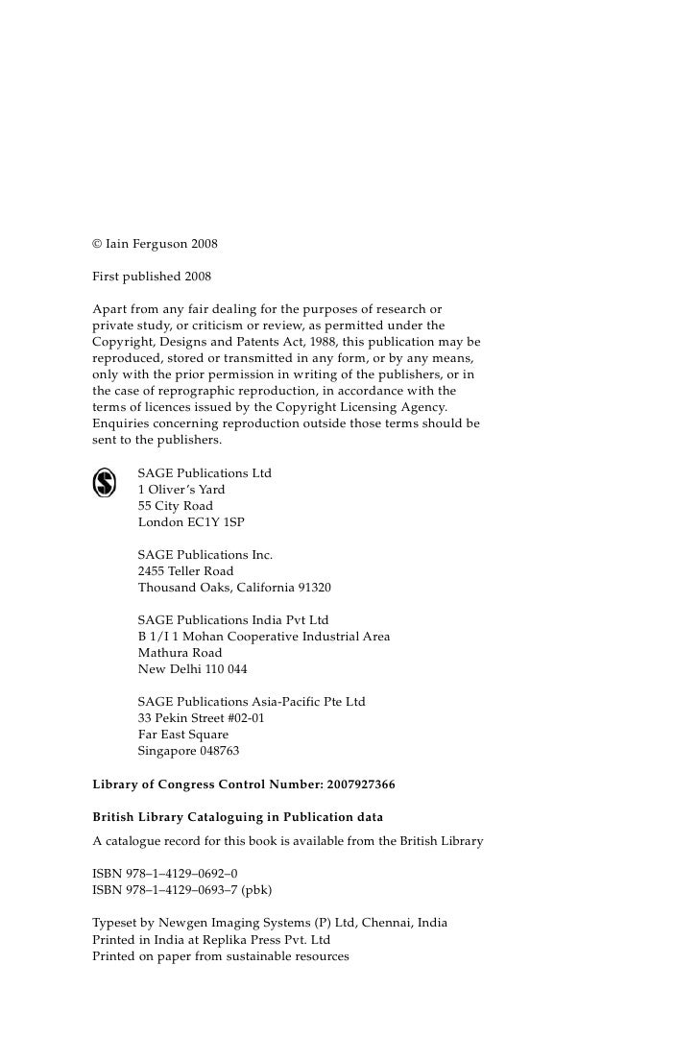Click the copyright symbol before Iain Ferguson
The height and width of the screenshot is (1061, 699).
97,245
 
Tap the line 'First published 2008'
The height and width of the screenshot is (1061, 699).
152,277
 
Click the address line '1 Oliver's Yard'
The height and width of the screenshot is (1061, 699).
181,490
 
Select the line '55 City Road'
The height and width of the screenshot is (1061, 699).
176,506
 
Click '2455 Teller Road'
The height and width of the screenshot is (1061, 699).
185,571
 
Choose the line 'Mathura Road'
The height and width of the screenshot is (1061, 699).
180,653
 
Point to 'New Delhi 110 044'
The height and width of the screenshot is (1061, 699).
192,669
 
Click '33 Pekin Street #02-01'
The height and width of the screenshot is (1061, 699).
202,718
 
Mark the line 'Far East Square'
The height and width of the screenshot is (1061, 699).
183,735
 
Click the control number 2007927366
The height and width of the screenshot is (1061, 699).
360,784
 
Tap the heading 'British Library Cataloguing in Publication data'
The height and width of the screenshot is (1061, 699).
237,817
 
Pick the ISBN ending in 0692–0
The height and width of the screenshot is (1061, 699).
165,874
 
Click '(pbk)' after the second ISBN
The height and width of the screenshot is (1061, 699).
256,890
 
